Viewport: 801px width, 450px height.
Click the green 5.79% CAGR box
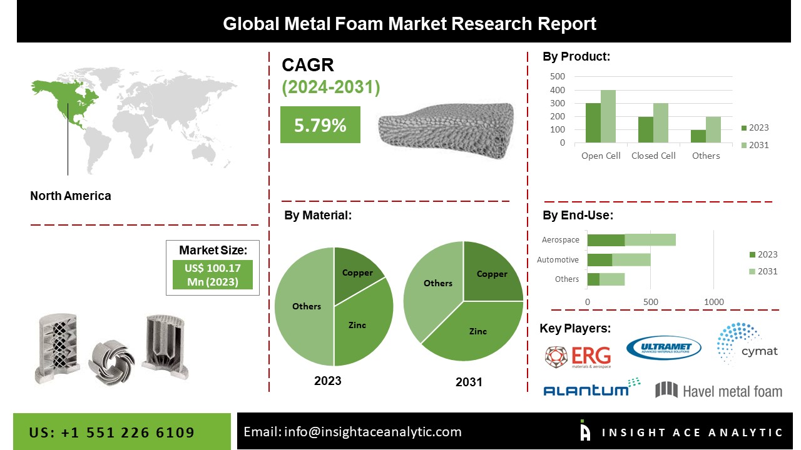[320, 124]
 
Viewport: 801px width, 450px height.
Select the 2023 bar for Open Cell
[593, 123]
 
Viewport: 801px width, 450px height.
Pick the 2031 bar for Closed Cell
[660, 123]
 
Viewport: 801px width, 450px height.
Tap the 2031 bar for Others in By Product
[713, 129]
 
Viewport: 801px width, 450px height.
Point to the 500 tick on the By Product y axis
[558, 76]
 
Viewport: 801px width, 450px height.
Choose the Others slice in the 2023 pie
[304, 306]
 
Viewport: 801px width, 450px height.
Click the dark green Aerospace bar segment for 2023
[606, 240]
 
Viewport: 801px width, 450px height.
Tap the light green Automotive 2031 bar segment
[631, 260]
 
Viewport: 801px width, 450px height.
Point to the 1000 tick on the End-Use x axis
[714, 302]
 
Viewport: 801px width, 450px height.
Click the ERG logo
[578, 357]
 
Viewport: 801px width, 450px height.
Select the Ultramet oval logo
[664, 347]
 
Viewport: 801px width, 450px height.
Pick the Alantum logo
[592, 387]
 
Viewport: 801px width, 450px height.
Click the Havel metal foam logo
[719, 391]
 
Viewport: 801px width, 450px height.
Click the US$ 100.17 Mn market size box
[213, 274]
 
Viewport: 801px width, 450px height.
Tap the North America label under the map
[71, 196]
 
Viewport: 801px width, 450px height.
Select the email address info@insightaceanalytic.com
[372, 432]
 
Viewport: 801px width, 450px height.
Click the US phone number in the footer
[111, 432]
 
